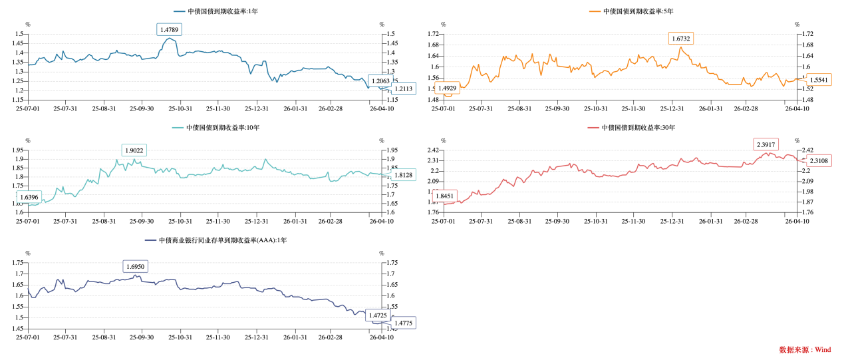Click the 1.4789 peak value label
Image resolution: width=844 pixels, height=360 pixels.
tap(169, 29)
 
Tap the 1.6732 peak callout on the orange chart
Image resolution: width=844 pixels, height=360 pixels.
tap(680, 39)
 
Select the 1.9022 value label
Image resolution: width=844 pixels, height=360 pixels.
tap(134, 150)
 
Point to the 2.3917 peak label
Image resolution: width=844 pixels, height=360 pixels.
tap(766, 144)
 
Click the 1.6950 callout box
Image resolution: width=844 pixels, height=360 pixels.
tap(135, 266)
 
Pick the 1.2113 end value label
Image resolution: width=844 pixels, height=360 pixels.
tap(403, 89)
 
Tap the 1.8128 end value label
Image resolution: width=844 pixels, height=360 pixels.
tap(403, 175)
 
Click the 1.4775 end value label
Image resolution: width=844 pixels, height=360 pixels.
tap(403, 323)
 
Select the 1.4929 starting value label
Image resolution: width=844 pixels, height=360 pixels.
tap(447, 88)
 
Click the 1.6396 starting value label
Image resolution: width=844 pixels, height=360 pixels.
tap(29, 197)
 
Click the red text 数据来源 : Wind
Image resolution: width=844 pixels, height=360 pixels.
tap(805, 349)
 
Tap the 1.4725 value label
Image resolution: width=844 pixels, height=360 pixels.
tap(378, 315)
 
